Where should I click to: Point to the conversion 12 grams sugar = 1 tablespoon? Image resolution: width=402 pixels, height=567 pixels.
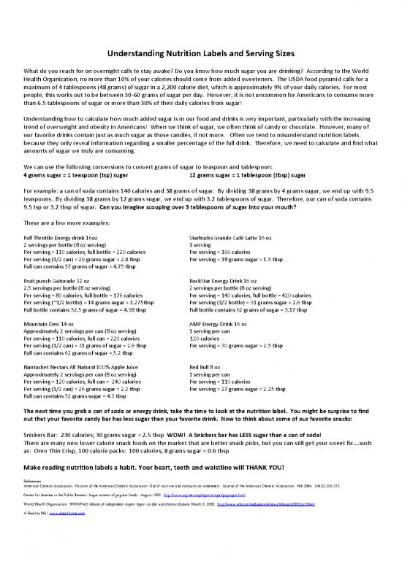[244, 175]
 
